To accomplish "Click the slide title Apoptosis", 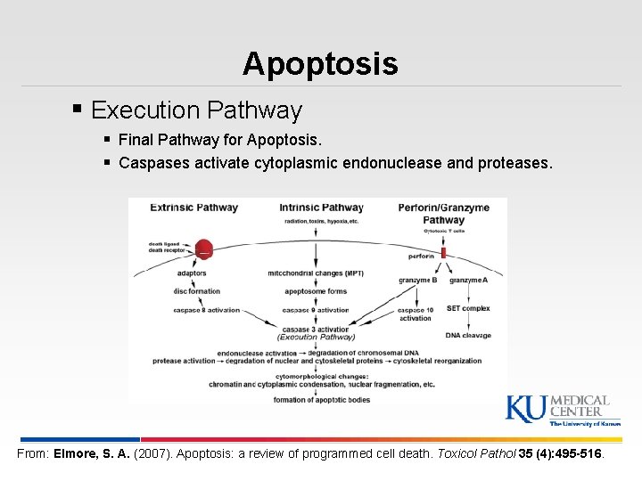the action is (x=320, y=63).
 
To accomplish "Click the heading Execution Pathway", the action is (x=196, y=110).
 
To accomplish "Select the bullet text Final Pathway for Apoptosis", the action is (x=220, y=140).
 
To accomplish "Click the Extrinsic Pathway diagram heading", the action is (x=193, y=208).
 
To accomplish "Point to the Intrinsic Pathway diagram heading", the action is (x=322, y=208).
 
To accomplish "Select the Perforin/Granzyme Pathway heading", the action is (x=443, y=214).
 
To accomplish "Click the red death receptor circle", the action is (x=203, y=249).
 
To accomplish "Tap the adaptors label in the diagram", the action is (x=192, y=273).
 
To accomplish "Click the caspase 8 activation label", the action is (x=206, y=310).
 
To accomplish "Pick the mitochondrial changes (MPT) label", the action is (x=315, y=273).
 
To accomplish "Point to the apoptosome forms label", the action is (x=316, y=291).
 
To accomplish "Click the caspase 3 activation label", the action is (x=316, y=330).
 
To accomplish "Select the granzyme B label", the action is (x=417, y=281).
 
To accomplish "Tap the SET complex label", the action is (x=468, y=308).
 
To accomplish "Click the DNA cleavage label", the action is (x=468, y=336).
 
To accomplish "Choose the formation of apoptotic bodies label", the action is (x=321, y=400).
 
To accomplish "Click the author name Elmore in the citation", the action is (x=76, y=453).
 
